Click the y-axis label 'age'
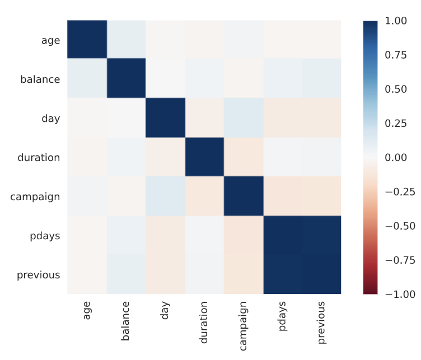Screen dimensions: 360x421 pos(51,40)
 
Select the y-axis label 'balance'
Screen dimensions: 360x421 pos(40,79)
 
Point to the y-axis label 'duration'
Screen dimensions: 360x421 pos(39,157)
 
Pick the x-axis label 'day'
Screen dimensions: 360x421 pos(165,311)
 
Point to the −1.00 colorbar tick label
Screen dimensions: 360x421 pos(396,293)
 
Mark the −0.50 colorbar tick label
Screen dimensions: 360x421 pos(396,225)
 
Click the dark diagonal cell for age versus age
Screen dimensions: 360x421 pos(87,39)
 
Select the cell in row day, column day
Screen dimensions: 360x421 pos(165,117)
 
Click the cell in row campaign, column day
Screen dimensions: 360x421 pos(165,196)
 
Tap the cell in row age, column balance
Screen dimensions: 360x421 pos(126,39)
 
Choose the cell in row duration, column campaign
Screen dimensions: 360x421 pos(244,157)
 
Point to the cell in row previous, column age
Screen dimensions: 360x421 pos(87,274)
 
